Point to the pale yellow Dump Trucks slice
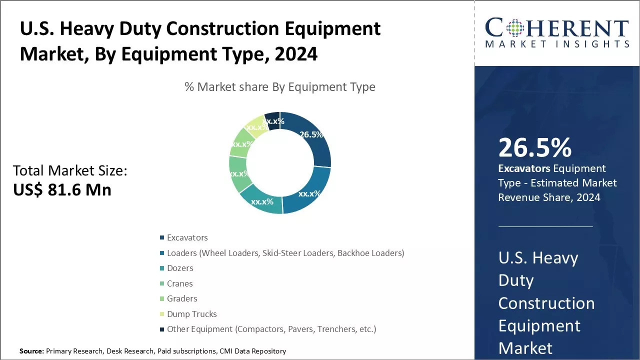coord(256,126)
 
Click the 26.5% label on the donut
coord(310,134)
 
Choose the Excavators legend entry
coord(187,237)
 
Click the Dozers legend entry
coord(180,268)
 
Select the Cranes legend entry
coord(179,283)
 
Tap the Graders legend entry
coord(182,298)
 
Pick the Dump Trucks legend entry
coord(191,314)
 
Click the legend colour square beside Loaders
coord(161,253)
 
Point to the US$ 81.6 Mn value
coord(62,189)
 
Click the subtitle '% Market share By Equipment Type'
coord(280,87)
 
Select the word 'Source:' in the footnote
coord(31,351)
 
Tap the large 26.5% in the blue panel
coord(534,147)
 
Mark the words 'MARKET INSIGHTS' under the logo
coord(557,44)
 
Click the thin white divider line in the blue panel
coord(545,226)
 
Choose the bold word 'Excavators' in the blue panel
coord(523,168)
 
